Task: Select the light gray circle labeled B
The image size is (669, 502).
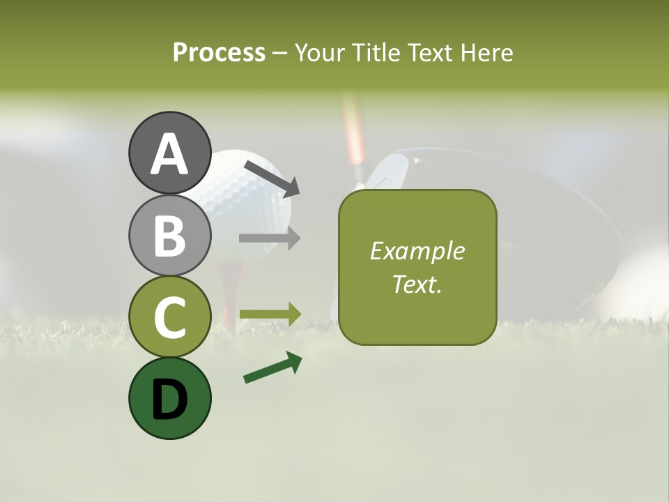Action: pos(169,235)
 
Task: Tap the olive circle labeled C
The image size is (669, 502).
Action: pos(169,317)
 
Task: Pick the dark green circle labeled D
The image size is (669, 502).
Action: pos(169,398)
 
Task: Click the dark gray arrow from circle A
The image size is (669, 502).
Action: pos(272,177)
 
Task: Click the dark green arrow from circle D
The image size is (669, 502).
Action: pos(272,367)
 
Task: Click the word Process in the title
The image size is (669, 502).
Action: pos(219,52)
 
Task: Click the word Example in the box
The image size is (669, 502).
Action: pos(417,251)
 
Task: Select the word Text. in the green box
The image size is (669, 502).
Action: pos(417,284)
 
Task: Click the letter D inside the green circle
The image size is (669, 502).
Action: pos(169,400)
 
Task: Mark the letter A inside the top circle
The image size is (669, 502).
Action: pos(169,153)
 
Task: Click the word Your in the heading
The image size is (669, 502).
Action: pos(321,52)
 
